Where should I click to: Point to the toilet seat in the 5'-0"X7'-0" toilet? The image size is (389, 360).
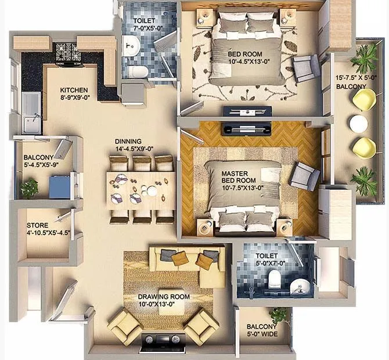click(x=275, y=280)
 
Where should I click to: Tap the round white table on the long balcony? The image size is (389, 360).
click(x=358, y=123)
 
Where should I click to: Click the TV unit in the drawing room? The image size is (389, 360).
click(x=163, y=343)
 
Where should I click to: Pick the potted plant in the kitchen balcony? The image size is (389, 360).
click(x=29, y=188)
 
